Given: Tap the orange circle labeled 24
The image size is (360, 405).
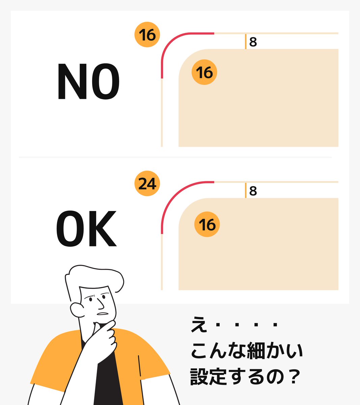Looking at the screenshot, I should pos(147,184).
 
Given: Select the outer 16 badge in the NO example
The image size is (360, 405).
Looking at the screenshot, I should pos(147,35).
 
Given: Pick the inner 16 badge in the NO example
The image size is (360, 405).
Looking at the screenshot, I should pos(204,72).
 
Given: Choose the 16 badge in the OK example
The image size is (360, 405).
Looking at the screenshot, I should pos(207,224).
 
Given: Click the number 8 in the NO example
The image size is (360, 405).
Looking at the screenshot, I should pos(253,42).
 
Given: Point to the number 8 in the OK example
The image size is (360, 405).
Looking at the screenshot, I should pos(253,191).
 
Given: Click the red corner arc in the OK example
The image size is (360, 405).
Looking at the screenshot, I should pos(172,196).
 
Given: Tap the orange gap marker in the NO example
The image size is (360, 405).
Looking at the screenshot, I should pos(246,42).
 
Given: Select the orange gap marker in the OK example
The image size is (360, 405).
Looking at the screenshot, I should pos(246,190).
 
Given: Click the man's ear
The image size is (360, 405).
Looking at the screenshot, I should pos(77,309).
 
